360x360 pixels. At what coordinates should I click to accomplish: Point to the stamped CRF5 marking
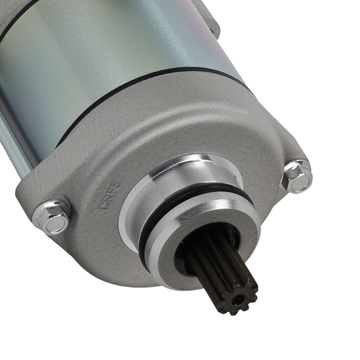click(109, 196)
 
